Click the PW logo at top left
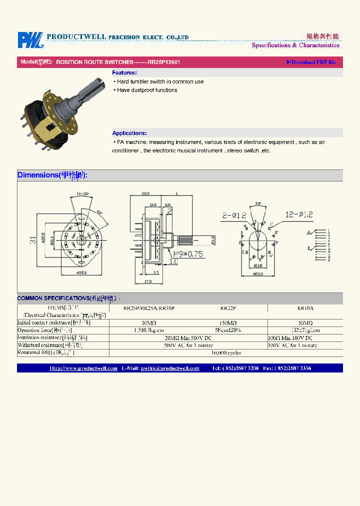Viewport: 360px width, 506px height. coord(30,40)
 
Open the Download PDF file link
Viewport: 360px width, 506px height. coord(311,62)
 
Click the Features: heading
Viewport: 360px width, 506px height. coord(124,73)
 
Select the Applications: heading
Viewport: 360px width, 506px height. coord(129,133)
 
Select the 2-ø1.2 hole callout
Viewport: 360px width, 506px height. coord(233,215)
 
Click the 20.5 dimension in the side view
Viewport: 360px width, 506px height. coord(146,193)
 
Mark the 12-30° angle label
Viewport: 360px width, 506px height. coord(83,193)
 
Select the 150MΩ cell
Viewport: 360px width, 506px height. coord(228,323)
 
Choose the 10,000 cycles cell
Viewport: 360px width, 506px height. coord(227,352)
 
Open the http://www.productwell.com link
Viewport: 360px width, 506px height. coord(83,368)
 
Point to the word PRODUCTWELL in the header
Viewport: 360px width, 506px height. coord(75,37)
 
